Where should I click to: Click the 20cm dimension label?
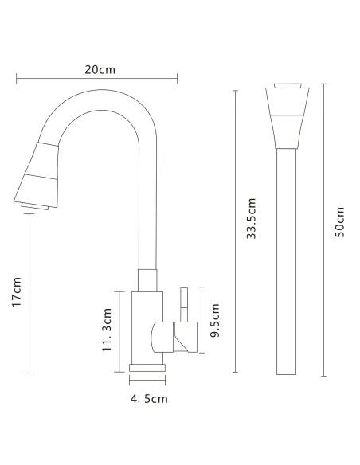point(100,70)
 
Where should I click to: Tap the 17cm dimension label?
point(17,292)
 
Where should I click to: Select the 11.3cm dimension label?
point(107,330)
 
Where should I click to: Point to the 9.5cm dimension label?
point(214,320)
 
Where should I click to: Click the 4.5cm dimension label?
point(149,399)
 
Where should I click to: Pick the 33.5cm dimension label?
point(251,218)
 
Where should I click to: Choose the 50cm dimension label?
point(340,222)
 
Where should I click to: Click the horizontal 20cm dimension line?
point(96,79)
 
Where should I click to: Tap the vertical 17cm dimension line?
point(29,293)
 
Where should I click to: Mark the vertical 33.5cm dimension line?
point(236,231)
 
